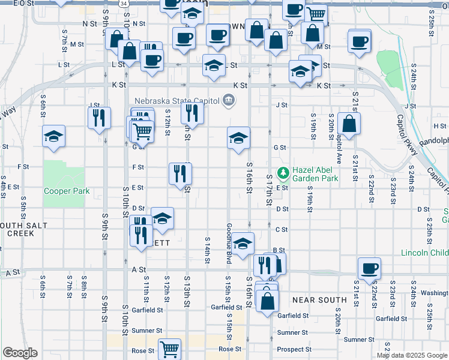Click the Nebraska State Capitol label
[176, 101]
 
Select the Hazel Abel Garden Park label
[316, 174]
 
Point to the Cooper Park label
[67, 191]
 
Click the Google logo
[20, 353]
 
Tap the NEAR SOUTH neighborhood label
[319, 299]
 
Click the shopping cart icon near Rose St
[170, 347]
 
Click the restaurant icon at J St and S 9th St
[100, 117]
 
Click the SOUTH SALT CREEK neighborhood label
[18, 229]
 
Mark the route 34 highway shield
[123, 3]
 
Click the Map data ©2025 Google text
[412, 355]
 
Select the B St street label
[278, 250]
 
